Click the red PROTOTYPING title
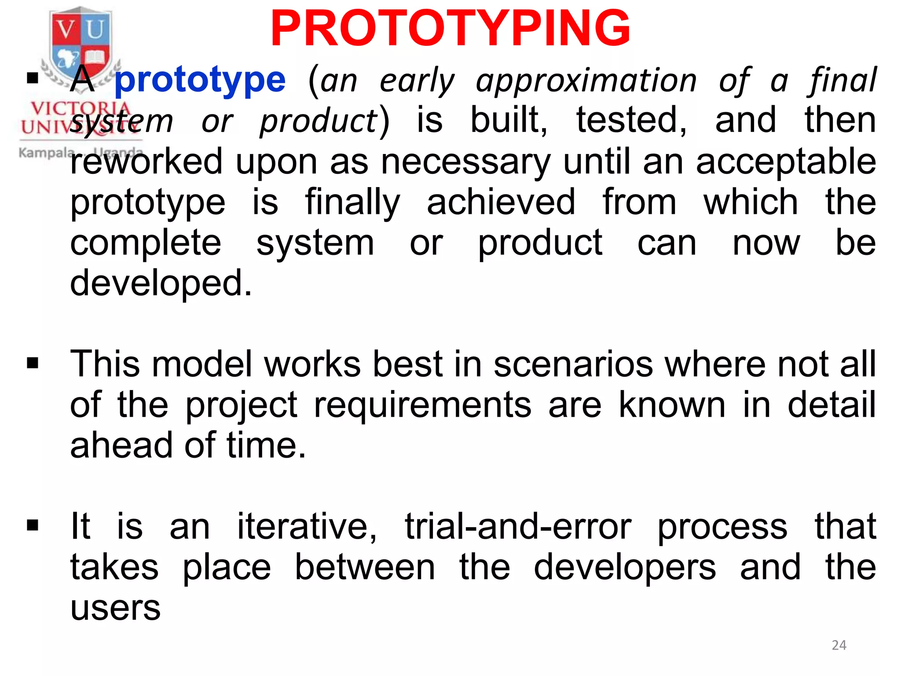tap(450, 29)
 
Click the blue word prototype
tap(200, 81)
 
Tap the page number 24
tap(839, 645)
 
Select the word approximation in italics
tap(586, 81)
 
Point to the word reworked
tap(146, 162)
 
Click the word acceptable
tap(786, 162)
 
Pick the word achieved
tap(501, 202)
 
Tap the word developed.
tap(161, 283)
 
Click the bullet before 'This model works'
tap(33, 364)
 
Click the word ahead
tap(121, 445)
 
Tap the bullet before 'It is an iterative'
tap(33, 525)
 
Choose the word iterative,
tap(307, 526)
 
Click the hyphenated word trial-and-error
tap(518, 526)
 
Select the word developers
tap(625, 568)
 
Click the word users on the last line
tap(115, 608)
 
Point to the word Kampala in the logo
tap(47, 153)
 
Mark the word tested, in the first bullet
tap(631, 121)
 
